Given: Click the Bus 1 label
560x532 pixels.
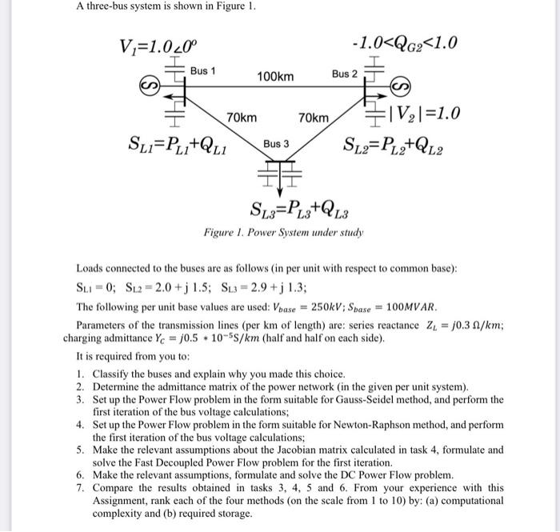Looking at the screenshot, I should pos(202,71).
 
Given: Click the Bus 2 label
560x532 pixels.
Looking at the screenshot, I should pos(345,74).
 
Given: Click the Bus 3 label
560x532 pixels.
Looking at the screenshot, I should pos(276,144).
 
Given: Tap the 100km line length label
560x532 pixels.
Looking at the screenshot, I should pos(275,76).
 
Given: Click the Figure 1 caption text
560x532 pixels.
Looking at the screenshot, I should pos(284,233).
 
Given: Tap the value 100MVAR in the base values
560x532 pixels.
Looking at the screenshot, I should pos(438,307).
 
